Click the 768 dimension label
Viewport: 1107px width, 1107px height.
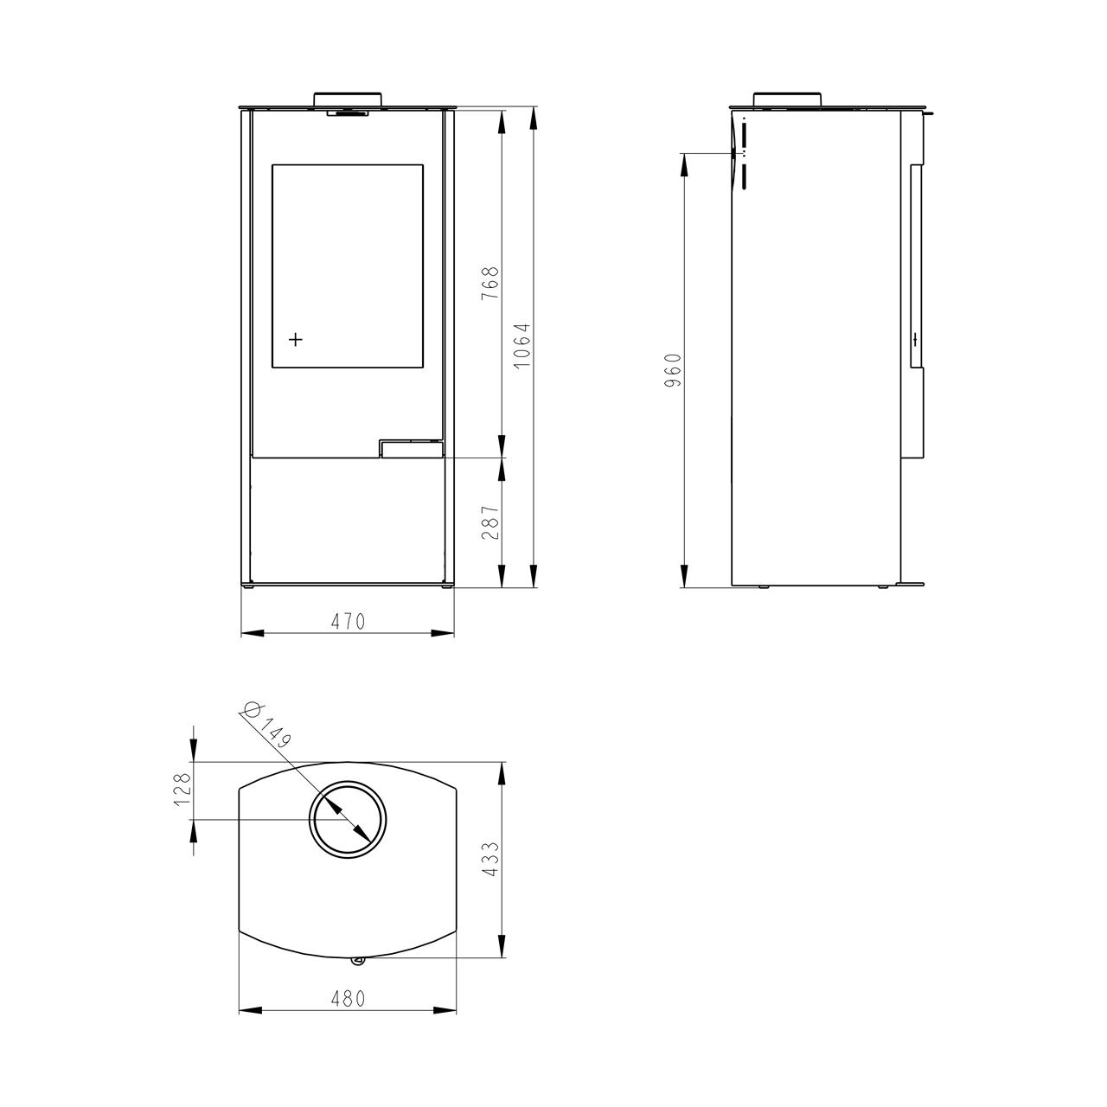point(490,283)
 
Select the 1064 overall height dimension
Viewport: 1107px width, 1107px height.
point(522,346)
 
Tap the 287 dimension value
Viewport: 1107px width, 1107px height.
point(490,522)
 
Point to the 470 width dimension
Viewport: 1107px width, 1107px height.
point(348,622)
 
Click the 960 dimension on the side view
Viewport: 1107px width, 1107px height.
point(673,370)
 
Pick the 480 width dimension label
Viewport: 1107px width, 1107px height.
point(348,999)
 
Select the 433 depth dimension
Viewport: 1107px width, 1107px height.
point(490,860)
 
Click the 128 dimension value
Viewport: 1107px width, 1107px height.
point(182,790)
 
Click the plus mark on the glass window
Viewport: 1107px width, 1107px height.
point(295,340)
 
